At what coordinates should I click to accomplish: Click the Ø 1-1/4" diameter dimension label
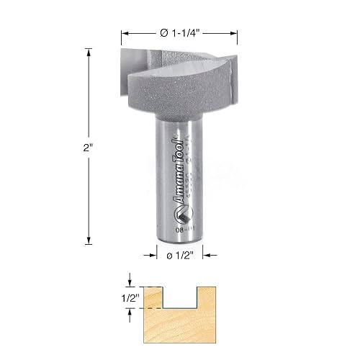(179, 33)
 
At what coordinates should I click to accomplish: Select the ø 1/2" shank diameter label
(179, 253)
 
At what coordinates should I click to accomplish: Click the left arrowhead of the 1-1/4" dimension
(125, 33)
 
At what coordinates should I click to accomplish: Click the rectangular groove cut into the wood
(179, 297)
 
